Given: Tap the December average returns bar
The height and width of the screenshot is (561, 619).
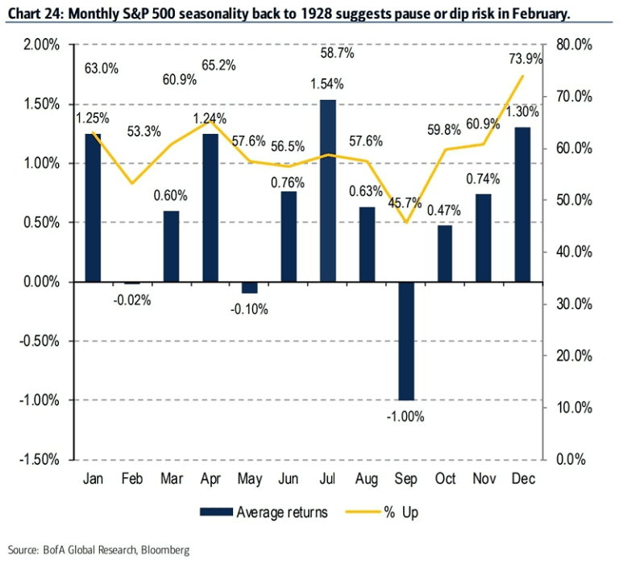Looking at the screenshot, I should pos(523,205).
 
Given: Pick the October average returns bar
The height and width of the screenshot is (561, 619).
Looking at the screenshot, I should pos(445,253).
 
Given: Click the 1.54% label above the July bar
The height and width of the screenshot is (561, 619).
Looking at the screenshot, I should pos(327,83).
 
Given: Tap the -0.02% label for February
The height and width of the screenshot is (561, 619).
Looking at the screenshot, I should pos(132,299).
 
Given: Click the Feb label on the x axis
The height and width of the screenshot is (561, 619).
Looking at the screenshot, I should pos(132,479).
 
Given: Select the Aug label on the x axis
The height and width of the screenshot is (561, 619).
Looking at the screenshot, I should pos(367,479).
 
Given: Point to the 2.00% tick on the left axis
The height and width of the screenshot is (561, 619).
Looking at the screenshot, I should pos(37,44).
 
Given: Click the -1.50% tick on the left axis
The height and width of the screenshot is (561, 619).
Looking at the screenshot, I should pos(35,459).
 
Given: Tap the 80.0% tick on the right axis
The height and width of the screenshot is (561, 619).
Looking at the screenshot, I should pos(575,44).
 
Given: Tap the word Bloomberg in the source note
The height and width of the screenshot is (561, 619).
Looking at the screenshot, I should pos(163,551).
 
